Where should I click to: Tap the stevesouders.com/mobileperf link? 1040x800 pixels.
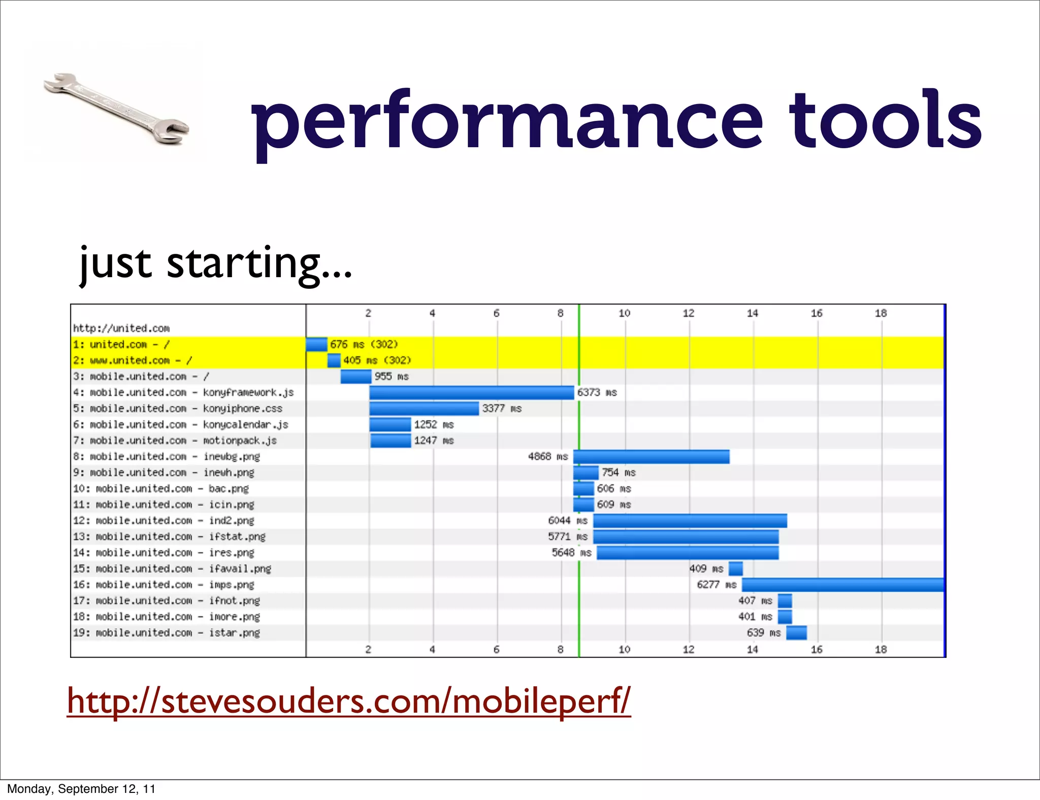click(349, 701)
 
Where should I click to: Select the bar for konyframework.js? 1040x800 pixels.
click(471, 392)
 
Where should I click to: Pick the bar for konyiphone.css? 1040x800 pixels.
click(424, 409)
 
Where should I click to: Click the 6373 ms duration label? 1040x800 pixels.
click(597, 392)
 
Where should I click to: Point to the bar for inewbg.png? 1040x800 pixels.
click(651, 457)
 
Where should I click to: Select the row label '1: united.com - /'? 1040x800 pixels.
click(121, 345)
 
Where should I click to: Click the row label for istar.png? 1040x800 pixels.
click(167, 633)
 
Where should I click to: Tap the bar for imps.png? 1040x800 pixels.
click(842, 585)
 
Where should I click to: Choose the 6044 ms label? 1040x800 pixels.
click(567, 521)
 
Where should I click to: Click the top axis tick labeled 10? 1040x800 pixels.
click(624, 313)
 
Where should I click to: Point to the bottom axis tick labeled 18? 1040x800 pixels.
click(881, 649)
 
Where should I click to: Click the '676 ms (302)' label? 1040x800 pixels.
click(364, 345)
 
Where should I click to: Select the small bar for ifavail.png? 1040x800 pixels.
click(735, 569)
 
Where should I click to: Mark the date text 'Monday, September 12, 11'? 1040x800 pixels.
click(81, 789)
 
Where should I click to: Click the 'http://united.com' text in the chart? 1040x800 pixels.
click(121, 328)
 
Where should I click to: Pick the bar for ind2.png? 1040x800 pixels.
click(690, 521)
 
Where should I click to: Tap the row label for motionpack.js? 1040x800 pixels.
click(175, 441)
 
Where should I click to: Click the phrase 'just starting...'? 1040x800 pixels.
click(215, 264)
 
